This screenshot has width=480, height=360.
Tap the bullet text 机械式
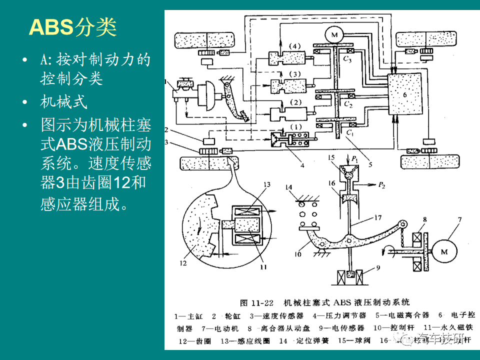(64, 102)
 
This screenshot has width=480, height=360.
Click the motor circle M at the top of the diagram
(332, 34)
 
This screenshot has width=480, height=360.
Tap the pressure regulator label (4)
(296, 47)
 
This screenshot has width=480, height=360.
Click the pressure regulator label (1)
(296, 127)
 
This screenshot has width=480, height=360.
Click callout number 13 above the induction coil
(266, 184)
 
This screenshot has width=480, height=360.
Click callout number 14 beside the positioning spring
(288, 187)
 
